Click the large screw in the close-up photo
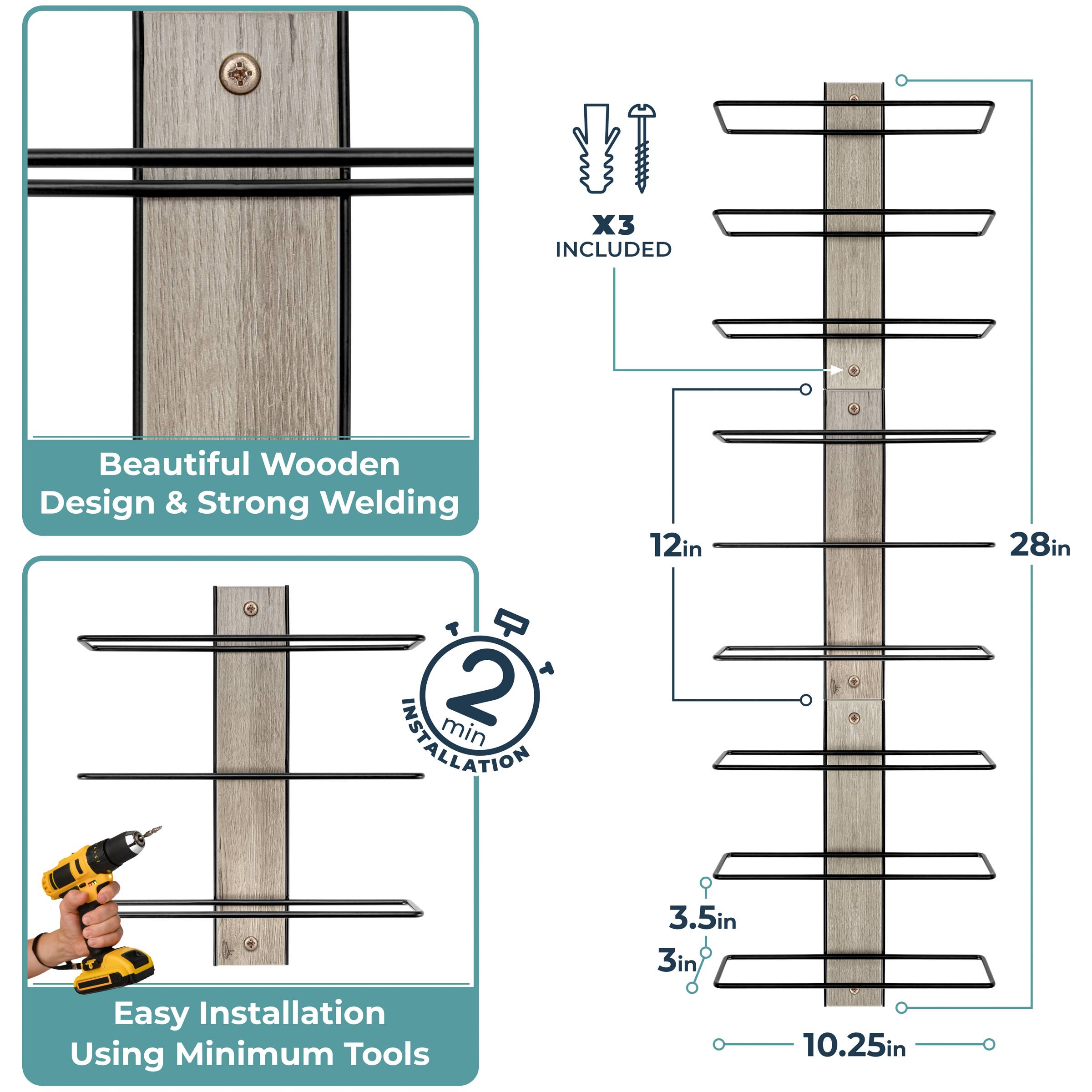tap(240, 73)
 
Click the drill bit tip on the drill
tap(158, 829)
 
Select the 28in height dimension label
tap(1039, 546)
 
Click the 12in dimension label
tap(675, 546)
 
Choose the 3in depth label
tap(677, 961)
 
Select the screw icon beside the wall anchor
tap(642, 148)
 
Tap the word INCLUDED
tap(613, 249)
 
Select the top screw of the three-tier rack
tap(250, 609)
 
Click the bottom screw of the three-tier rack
tap(250, 943)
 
